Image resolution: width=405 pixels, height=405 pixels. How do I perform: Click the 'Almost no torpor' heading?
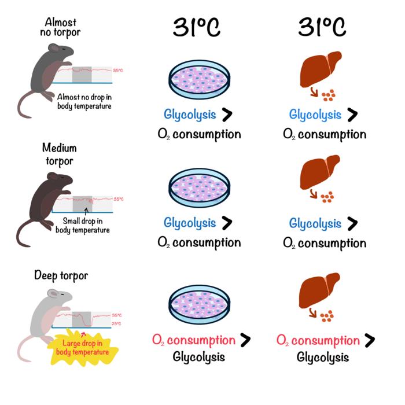tap(62, 27)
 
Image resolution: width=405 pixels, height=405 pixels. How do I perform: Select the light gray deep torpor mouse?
tap(43, 324)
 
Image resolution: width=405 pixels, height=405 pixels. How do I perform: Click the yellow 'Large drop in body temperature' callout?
tap(87, 348)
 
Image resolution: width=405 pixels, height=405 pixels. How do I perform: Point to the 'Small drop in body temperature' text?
tap(83, 224)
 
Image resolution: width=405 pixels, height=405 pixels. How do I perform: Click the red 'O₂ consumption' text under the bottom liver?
tap(318, 340)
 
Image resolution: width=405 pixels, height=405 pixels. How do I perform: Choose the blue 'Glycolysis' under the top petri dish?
tap(190, 114)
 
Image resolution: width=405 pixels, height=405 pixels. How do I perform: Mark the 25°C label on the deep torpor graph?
tap(116, 323)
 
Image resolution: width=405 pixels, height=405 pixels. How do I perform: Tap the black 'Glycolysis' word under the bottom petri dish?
tap(198, 356)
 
